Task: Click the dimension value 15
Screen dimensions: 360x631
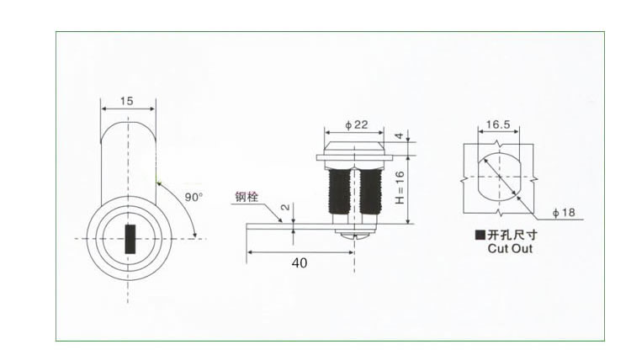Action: tap(127, 101)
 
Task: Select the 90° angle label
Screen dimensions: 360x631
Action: tap(194, 197)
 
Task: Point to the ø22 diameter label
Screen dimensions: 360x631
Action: tap(357, 124)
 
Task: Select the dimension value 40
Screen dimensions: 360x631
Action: tap(299, 262)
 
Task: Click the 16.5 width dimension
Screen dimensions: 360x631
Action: tap(498, 124)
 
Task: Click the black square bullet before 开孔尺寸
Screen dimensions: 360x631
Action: tap(480, 236)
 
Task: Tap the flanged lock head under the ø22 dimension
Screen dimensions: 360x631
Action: tap(356, 154)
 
